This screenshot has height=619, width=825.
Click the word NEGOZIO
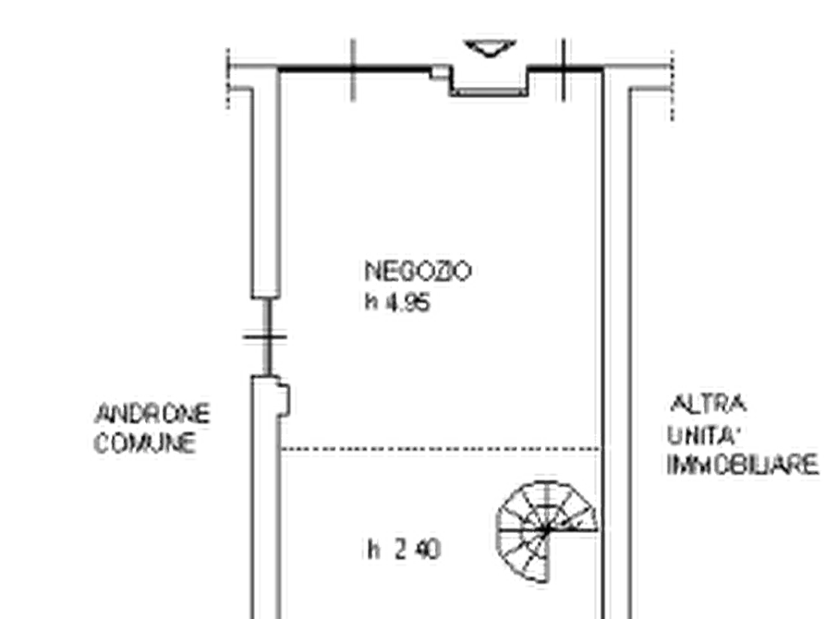click(418, 272)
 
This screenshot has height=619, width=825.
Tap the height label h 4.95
click(398, 303)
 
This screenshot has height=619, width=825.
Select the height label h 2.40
click(404, 550)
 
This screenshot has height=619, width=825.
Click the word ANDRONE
click(152, 414)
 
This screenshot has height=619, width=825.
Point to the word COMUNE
click(145, 443)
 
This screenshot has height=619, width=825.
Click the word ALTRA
click(709, 405)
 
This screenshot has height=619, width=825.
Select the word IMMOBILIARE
click(743, 466)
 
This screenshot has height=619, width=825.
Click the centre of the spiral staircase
click(547, 530)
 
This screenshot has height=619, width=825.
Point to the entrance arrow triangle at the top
click(490, 47)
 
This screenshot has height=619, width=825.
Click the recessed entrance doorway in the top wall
click(490, 81)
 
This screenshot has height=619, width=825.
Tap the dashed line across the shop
click(441, 449)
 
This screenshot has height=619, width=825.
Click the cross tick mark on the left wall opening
click(266, 337)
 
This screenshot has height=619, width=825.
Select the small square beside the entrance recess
click(439, 73)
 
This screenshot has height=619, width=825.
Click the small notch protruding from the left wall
click(285, 400)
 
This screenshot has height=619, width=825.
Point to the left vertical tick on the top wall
click(353, 69)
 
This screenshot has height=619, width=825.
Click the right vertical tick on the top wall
click(564, 69)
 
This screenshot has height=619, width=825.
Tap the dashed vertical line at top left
click(228, 79)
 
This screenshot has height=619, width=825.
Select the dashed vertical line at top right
click(672, 86)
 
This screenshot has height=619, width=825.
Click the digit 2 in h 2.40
click(401, 550)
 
